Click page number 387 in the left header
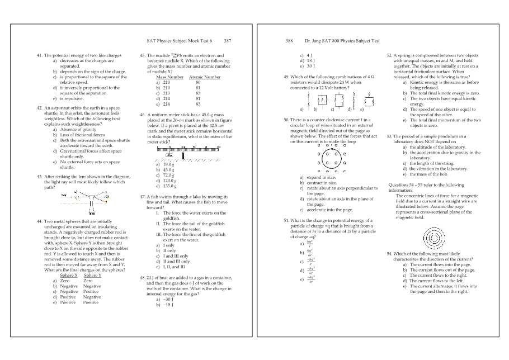(x=227, y=41)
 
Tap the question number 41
(x=39, y=56)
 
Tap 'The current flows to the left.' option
(x=437, y=280)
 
